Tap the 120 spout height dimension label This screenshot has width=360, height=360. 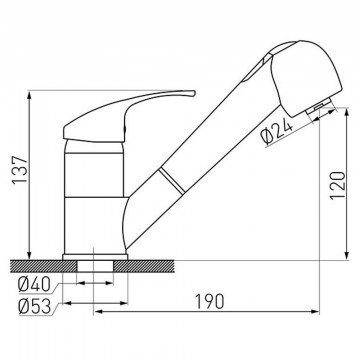point(337,185)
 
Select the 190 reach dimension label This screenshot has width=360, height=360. point(210,301)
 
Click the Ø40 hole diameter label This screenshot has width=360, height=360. point(35,285)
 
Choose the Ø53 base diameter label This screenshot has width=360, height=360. point(35,307)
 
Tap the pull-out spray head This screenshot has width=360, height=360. point(306,78)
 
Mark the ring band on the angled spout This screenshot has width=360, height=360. point(171,180)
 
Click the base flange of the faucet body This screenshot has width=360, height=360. point(95,257)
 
